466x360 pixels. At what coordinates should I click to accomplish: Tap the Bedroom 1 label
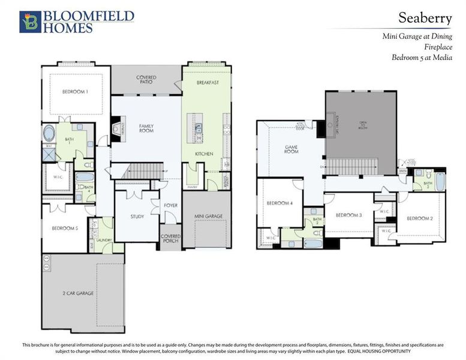(x=75, y=92)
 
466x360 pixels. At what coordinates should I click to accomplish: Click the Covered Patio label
(x=146, y=80)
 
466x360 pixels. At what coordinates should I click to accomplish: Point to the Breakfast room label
(x=208, y=82)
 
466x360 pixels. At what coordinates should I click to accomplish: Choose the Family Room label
(x=146, y=128)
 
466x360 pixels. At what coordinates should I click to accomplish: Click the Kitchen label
(x=204, y=154)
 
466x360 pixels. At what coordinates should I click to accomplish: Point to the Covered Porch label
(x=171, y=238)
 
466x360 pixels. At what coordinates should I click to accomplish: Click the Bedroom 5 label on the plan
(x=64, y=228)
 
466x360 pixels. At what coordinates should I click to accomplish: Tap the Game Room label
(x=291, y=150)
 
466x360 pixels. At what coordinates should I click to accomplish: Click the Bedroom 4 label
(x=279, y=203)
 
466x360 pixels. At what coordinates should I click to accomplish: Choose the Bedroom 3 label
(x=348, y=215)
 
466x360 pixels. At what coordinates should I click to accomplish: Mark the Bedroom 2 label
(x=419, y=218)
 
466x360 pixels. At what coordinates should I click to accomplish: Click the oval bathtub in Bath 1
(x=50, y=133)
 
